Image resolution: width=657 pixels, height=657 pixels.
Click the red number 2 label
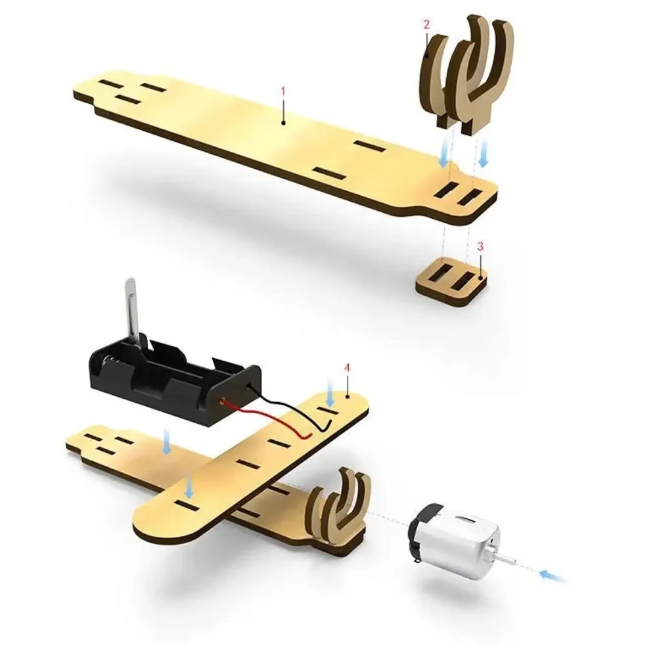[426, 25]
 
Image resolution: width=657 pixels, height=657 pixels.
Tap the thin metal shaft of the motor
[506, 559]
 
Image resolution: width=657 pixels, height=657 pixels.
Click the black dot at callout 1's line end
[283, 122]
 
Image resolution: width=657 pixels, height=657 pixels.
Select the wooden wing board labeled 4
[250, 473]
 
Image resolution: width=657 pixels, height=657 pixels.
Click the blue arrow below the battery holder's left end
[167, 445]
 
